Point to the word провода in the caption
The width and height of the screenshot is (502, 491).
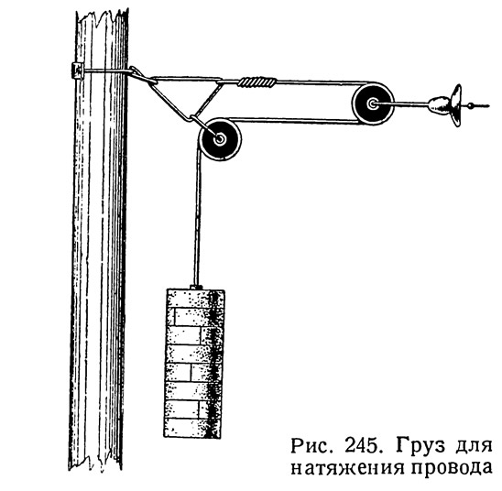(x=451, y=469)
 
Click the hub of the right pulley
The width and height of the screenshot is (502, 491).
(x=372, y=104)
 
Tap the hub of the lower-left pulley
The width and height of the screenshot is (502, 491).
(x=220, y=139)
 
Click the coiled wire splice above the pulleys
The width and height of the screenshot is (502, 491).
(x=257, y=82)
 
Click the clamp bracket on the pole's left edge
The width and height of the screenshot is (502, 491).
(x=77, y=71)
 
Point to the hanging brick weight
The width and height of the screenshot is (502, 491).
(x=194, y=364)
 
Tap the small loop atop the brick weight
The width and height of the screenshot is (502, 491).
(x=196, y=287)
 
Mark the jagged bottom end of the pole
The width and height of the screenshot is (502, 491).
(x=95, y=463)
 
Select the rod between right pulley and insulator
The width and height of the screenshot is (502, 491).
(x=402, y=104)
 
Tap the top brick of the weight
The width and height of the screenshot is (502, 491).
(x=194, y=298)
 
